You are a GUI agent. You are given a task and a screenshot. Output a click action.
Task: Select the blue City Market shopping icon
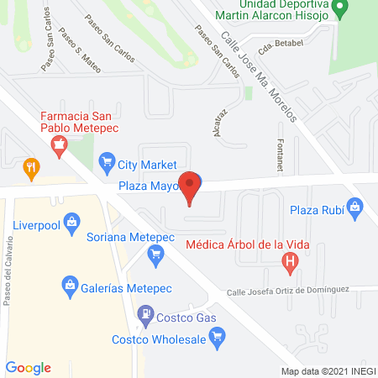tap(107, 160)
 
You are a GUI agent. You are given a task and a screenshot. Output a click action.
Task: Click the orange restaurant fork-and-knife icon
tap(32, 167)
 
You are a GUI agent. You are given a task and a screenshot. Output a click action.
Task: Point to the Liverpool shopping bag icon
tap(71, 223)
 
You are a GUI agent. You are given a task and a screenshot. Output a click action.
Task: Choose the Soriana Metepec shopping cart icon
tap(155, 253)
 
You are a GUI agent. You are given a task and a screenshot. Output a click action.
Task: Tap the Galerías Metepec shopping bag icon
tap(71, 289)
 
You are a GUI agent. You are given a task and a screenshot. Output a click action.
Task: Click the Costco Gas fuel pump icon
tap(146, 316)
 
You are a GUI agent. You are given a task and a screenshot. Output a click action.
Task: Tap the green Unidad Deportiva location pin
tap(340, 9)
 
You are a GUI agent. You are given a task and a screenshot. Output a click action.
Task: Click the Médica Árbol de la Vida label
tap(243, 246)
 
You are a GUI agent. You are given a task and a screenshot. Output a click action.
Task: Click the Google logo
tap(29, 368)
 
